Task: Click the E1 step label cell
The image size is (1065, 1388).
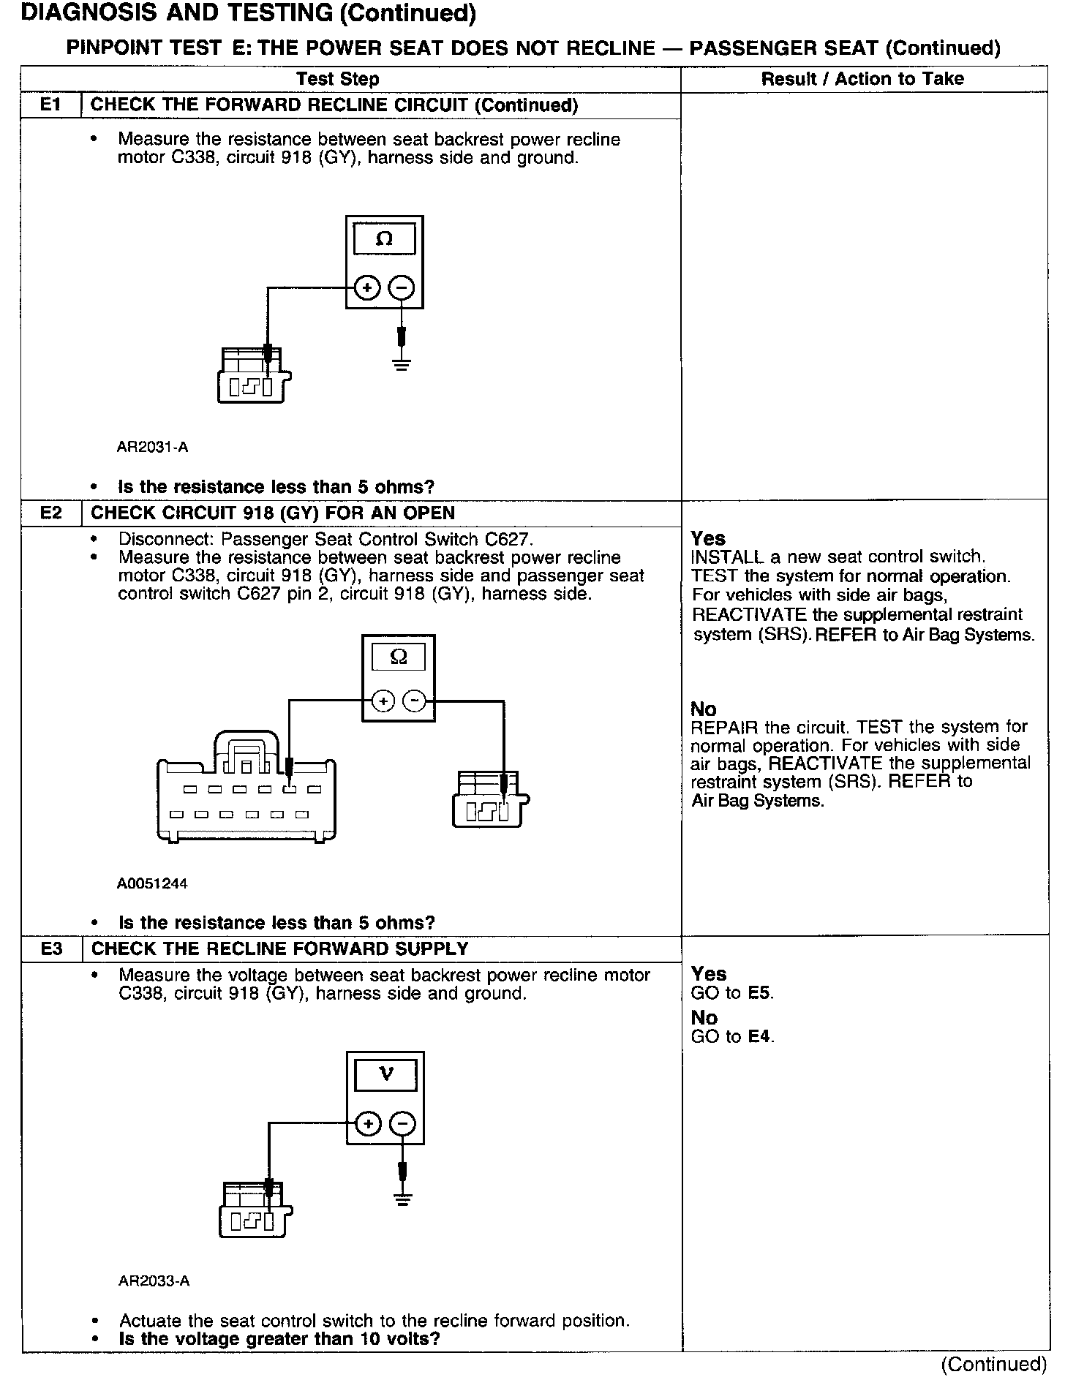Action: pyautogui.click(x=50, y=105)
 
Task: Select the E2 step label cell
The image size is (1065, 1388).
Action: pyautogui.click(x=50, y=513)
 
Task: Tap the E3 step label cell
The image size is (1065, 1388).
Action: pyautogui.click(x=51, y=948)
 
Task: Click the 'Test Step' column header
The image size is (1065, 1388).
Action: pyautogui.click(x=338, y=79)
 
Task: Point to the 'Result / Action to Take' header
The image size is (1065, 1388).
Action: pyautogui.click(x=862, y=79)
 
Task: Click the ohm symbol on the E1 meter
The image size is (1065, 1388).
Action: pyautogui.click(x=384, y=238)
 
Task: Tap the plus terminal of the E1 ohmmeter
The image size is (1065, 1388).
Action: pyautogui.click(x=366, y=288)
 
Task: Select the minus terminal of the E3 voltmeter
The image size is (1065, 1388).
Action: pyautogui.click(x=403, y=1123)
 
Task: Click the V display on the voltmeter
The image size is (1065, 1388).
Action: pyautogui.click(x=385, y=1074)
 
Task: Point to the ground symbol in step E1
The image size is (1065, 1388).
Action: pyautogui.click(x=401, y=363)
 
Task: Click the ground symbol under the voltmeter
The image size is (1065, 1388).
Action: pyautogui.click(x=402, y=1199)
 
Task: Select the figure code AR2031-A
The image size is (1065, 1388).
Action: pyautogui.click(x=152, y=447)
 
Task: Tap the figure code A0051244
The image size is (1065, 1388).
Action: pyautogui.click(x=152, y=883)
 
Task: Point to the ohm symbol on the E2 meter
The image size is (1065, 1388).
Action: pyautogui.click(x=399, y=657)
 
